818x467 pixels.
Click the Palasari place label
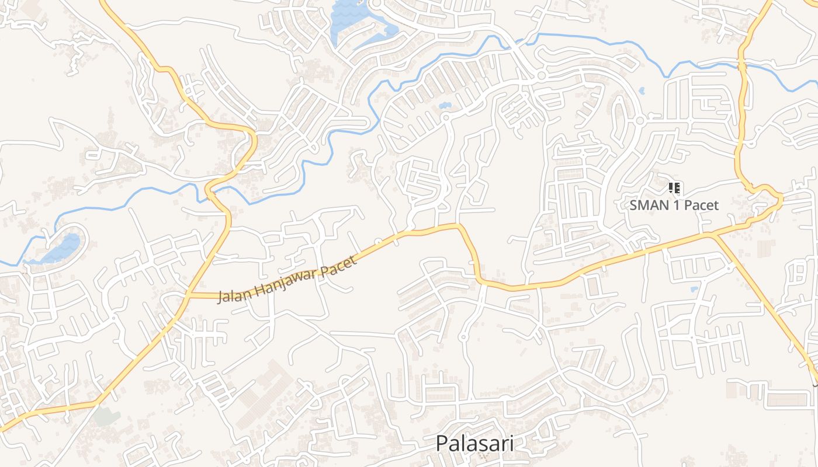474,443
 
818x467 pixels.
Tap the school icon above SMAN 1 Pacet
674,188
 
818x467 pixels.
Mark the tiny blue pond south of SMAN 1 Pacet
694,289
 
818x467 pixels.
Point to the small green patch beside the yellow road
105,416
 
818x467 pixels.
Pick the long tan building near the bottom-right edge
786,400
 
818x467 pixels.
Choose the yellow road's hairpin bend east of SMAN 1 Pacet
779,198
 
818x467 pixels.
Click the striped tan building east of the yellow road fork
765,248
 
